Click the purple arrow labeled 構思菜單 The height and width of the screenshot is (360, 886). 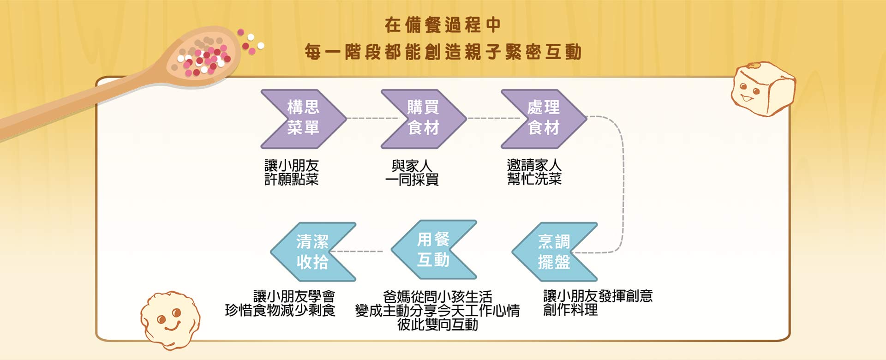pos(303,119)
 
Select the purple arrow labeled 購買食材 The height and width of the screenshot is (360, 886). pos(423,119)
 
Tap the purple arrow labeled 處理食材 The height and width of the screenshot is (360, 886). pos(544,119)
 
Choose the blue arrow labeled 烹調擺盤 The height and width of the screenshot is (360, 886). pos(554,252)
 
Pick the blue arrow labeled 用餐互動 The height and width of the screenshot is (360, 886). pos(433,250)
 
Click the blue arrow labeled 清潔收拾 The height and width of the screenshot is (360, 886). pos(312,252)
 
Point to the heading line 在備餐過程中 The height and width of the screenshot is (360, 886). pos(443,25)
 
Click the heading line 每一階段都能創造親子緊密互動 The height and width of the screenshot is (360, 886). pos(443,52)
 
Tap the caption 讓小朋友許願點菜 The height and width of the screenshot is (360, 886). pos(292,172)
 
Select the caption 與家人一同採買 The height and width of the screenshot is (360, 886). pos(412,173)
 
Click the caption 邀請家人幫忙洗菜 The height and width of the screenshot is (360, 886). pos(534,172)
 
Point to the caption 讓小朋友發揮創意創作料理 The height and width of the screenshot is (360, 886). pos(598,303)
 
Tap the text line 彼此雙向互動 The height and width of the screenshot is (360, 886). pos(437,324)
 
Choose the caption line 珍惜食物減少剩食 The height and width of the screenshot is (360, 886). pos(280,310)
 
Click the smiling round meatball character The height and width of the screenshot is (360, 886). pos(170,319)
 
